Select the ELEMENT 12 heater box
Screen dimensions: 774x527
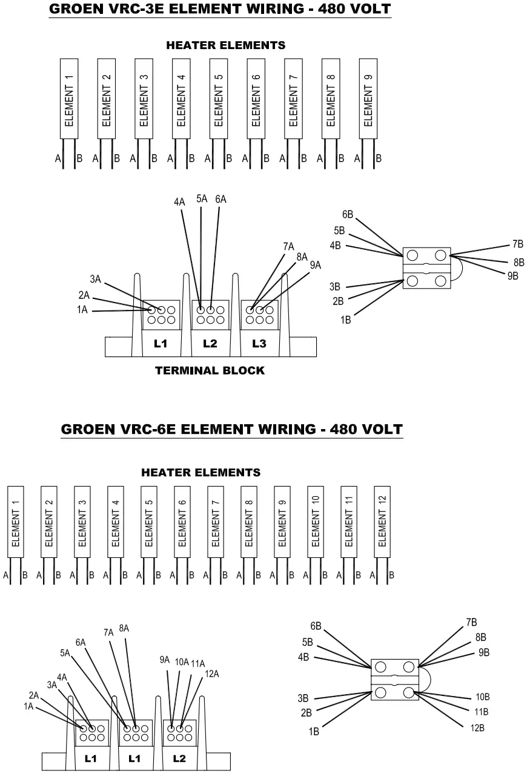coord(382,520)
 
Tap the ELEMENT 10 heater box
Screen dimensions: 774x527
coord(316,520)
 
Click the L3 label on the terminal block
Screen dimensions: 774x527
coord(259,344)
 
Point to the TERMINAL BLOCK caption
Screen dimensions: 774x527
coord(210,370)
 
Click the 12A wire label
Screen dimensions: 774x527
coord(212,674)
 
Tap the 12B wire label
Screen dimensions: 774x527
coord(477,727)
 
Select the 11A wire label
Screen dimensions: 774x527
coord(197,663)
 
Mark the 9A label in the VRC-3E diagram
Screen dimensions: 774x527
coord(316,265)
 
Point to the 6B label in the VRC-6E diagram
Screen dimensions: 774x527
coord(316,626)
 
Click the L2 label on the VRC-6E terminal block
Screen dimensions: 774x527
coord(179,758)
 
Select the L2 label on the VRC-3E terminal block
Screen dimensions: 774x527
coord(210,344)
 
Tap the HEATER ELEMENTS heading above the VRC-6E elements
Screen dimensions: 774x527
coord(201,472)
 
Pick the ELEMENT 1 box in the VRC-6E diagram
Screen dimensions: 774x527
coord(16,520)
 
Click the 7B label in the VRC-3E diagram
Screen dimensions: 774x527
coord(517,244)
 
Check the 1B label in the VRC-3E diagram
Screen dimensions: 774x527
coord(346,320)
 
